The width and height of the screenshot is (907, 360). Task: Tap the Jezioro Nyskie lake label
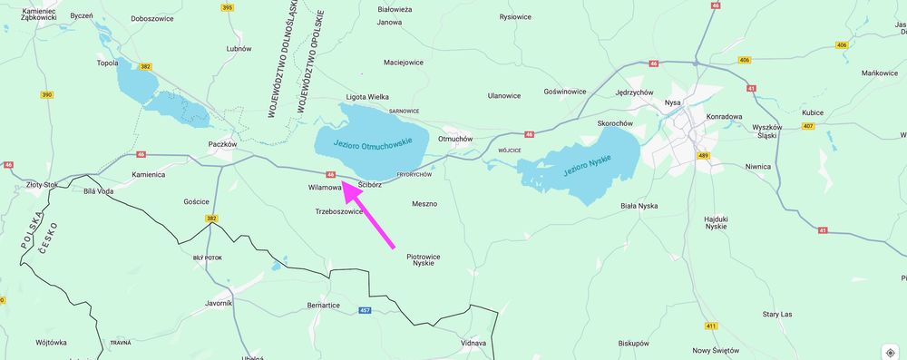[587, 164]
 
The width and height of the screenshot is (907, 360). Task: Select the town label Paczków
[222, 144]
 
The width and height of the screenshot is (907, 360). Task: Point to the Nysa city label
[672, 102]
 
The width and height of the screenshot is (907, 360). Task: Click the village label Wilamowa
[324, 188]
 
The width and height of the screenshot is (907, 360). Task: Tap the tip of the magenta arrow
[343, 183]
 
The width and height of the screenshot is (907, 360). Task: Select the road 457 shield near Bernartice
[365, 310]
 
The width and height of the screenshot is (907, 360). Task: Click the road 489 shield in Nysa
[703, 156]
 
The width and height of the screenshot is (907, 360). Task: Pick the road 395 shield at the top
[228, 7]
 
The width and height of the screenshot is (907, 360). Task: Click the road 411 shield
[711, 326]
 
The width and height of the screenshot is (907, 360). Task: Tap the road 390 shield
[46, 94]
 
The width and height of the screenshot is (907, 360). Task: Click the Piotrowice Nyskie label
[424, 259]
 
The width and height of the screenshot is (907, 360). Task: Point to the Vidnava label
[473, 343]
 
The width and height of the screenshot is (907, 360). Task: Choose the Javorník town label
[219, 303]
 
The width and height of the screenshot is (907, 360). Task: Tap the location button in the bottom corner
[891, 353]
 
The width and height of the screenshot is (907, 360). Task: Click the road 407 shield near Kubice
[807, 126]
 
